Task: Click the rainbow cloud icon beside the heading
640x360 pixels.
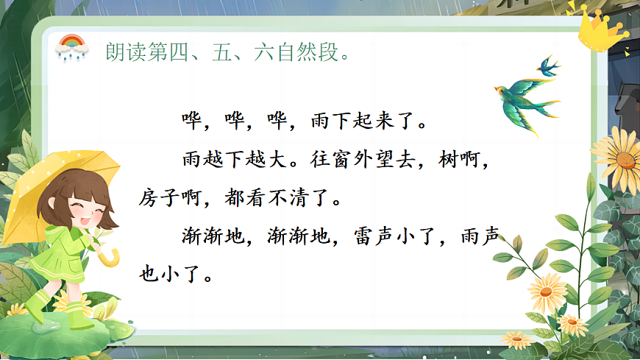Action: (72, 46)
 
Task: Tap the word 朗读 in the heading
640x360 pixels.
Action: (121, 52)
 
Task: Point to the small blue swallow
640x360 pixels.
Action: (547, 65)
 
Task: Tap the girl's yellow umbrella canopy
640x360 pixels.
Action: (63, 172)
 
